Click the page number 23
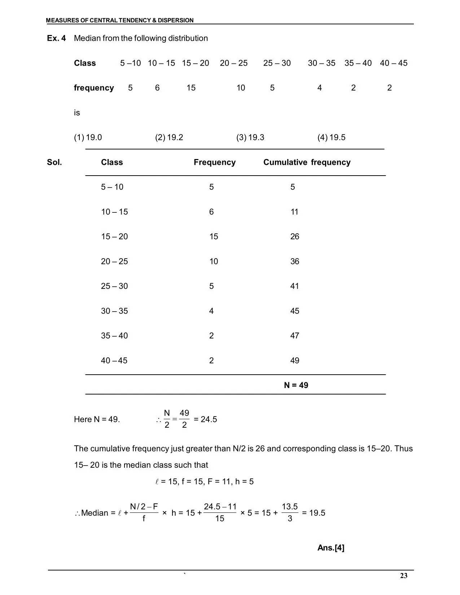[403, 576]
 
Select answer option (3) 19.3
[250, 137]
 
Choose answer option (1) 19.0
[88, 137]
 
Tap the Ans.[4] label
[331, 548]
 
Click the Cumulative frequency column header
[307, 162]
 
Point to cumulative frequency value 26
[295, 237]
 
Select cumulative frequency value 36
[295, 261]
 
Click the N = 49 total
[296, 385]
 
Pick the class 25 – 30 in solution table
[114, 286]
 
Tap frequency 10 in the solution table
[214, 261]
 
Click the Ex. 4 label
[57, 38]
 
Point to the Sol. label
[54, 162]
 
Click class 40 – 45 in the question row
[393, 63]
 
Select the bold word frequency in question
[94, 88]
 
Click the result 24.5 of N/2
[209, 419]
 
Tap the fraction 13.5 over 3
[290, 512]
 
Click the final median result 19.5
[317, 513]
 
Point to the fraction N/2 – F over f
[144, 512]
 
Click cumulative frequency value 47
[295, 336]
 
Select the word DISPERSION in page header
[176, 21]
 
